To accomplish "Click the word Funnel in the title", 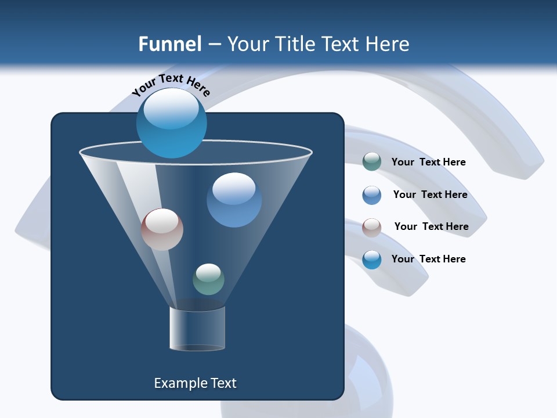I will click(169, 44).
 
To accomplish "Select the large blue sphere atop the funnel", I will click(171, 123).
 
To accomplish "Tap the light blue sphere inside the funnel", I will click(234, 200).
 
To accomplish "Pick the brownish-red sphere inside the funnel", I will click(162, 229).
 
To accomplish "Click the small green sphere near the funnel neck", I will click(208, 279).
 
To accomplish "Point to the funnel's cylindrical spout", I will click(197, 329).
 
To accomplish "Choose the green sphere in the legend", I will click(372, 162).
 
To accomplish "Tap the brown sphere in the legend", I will click(372, 228).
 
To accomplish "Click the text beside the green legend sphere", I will click(428, 162).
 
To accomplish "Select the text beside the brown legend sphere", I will click(431, 226).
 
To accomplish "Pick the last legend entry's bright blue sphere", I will click(372, 260).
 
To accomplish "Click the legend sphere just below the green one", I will click(372, 195).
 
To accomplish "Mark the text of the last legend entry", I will click(428, 259).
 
